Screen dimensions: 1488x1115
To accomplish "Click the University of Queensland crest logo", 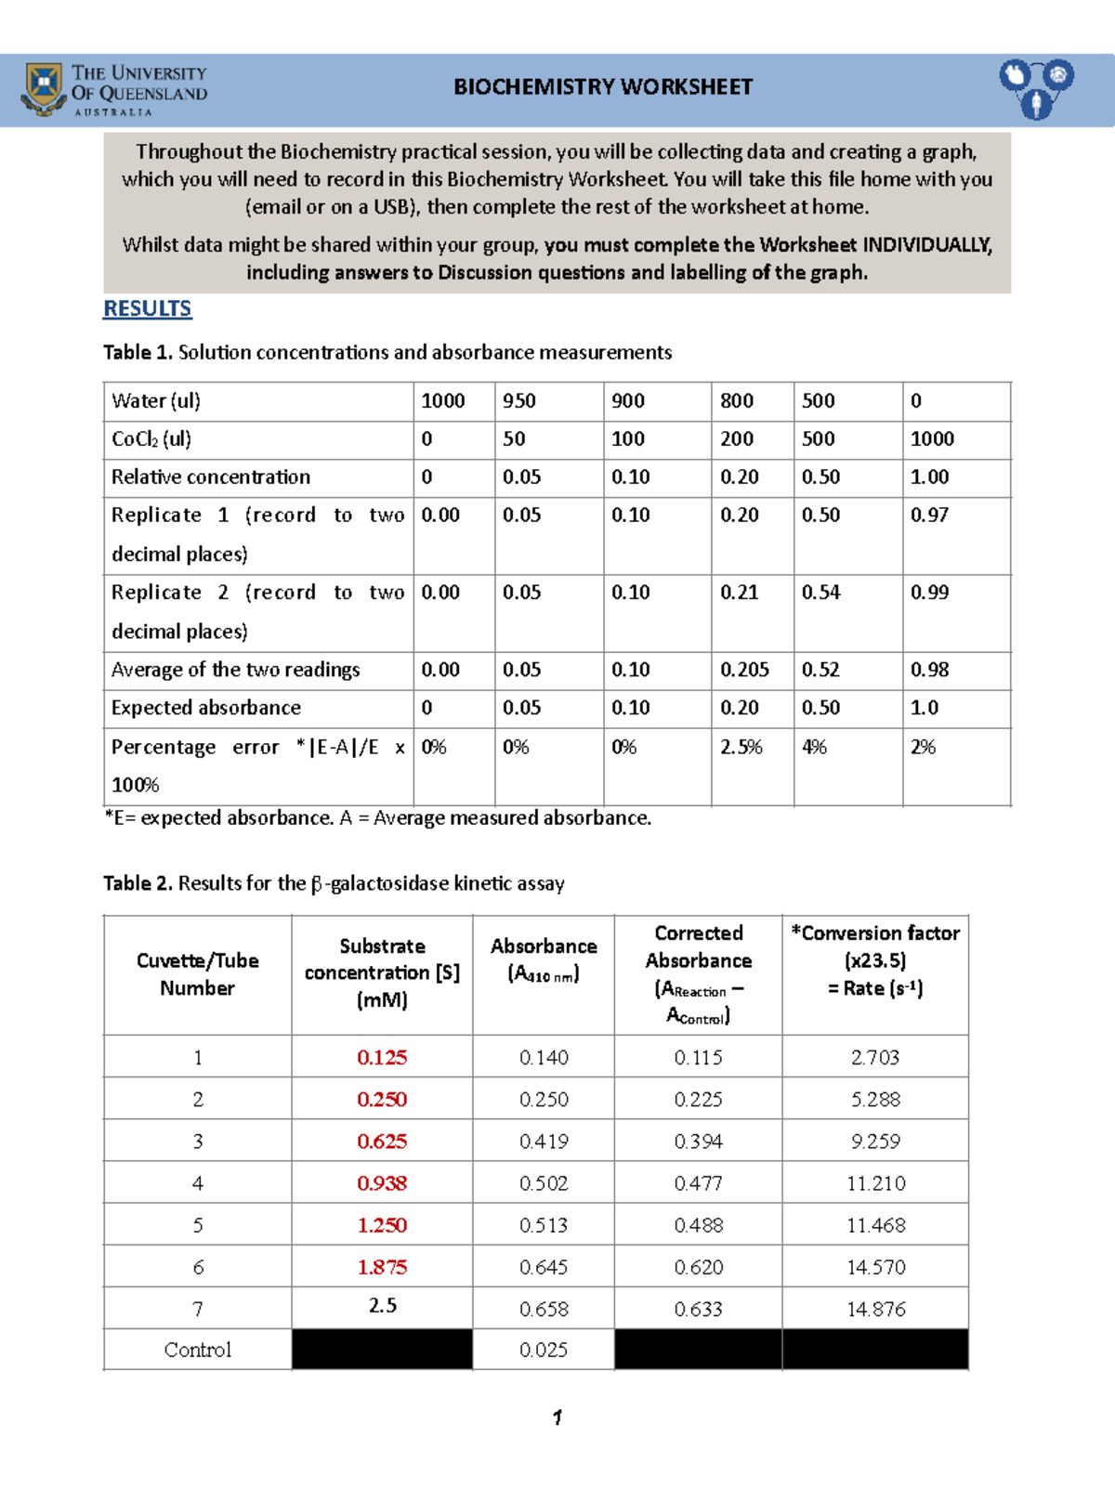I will click(x=43, y=89).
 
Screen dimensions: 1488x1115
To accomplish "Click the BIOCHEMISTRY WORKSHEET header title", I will click(x=602, y=87).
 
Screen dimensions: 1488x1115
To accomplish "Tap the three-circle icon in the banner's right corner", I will click(x=1036, y=88).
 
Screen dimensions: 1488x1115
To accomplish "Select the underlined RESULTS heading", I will click(x=147, y=308).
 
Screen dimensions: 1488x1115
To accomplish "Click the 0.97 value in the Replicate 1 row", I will click(x=929, y=515).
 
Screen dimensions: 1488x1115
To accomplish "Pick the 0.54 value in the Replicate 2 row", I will click(x=820, y=593).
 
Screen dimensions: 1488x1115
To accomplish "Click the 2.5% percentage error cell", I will click(x=741, y=747).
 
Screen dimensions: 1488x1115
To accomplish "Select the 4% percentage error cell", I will click(x=814, y=747).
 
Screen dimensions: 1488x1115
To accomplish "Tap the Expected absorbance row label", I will click(x=206, y=708).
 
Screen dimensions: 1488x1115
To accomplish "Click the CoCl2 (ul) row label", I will click(x=151, y=439).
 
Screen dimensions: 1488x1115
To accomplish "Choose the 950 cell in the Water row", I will click(x=519, y=401).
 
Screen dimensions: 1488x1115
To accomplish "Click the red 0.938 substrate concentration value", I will click(x=382, y=1183).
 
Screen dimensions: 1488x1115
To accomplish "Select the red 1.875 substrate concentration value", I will click(x=382, y=1267).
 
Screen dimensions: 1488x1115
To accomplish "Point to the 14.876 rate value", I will click(x=875, y=1309).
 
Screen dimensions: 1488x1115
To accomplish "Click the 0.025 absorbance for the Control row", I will click(x=544, y=1350).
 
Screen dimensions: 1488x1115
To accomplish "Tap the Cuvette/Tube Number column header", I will click(x=197, y=974).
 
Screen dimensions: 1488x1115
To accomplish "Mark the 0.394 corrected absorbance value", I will click(x=698, y=1142).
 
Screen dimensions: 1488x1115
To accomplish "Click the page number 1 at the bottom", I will click(x=557, y=1417).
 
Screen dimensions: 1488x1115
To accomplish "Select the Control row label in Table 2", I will click(x=197, y=1350).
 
